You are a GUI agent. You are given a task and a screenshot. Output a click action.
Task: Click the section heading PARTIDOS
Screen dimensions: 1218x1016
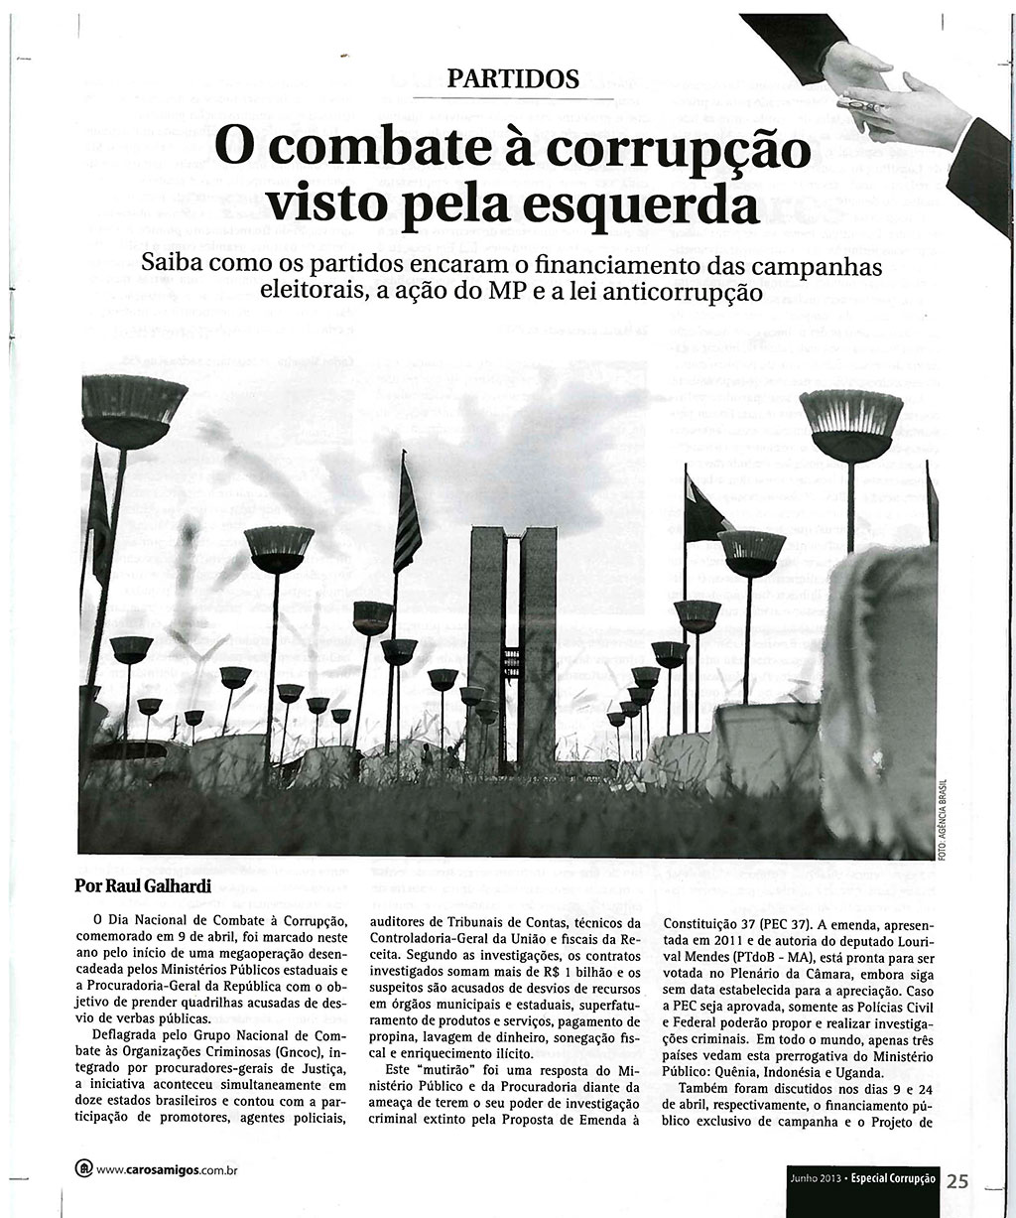point(512,78)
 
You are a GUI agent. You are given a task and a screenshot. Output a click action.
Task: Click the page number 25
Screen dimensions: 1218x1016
point(957,1180)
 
